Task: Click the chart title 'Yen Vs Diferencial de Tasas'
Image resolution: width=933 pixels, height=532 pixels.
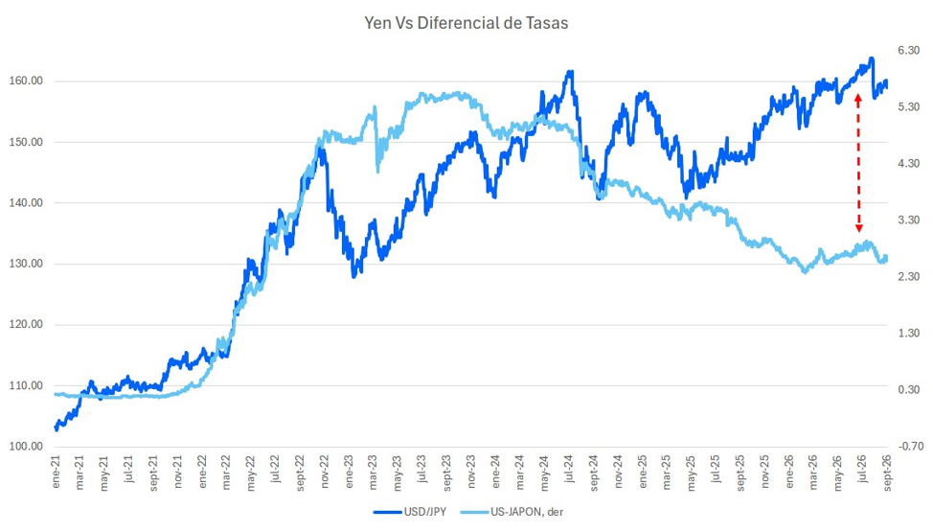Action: coord(466,23)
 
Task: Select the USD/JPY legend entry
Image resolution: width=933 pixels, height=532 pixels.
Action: coord(410,512)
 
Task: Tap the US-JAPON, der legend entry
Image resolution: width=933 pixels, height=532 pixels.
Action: coord(512,512)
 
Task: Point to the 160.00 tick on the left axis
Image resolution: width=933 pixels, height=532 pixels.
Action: coord(26,81)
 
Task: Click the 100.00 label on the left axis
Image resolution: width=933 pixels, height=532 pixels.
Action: coord(26,447)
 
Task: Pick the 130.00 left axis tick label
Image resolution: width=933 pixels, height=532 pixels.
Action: coord(26,264)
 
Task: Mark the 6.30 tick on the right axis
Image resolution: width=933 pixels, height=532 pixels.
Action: coord(909,51)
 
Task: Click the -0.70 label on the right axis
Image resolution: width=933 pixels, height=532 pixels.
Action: coord(909,447)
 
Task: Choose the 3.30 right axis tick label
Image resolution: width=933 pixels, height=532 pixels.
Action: coord(909,220)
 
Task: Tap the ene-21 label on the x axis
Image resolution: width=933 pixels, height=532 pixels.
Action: coord(57,472)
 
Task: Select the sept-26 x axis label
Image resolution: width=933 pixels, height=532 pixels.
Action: coord(887,472)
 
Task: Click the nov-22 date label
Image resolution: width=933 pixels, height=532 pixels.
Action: coord(325,472)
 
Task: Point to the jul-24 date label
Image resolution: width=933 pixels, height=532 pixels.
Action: coord(569,472)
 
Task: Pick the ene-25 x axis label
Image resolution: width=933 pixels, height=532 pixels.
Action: coord(643,472)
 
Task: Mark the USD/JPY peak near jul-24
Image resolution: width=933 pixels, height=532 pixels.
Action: coord(571,72)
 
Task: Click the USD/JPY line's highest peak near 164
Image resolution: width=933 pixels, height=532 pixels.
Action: coord(871,58)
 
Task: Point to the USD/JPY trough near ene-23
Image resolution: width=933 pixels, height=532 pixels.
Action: coord(354,276)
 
